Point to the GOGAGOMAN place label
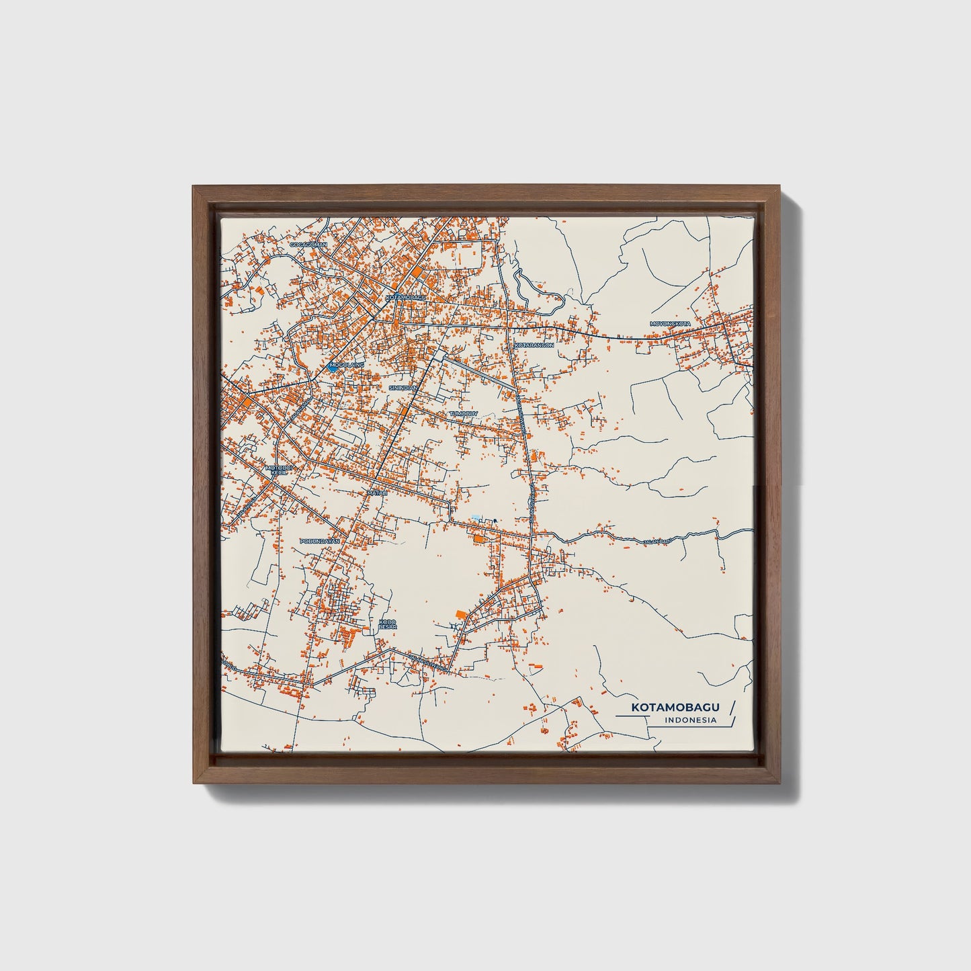[x=308, y=245]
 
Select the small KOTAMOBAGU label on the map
[x=406, y=296]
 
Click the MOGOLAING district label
[x=347, y=364]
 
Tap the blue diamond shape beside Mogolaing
[x=333, y=368]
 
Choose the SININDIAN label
[x=404, y=388]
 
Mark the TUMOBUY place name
[x=462, y=414]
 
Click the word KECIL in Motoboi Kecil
[x=279, y=473]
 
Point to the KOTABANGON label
[x=534, y=344]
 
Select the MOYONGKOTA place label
[x=670, y=324]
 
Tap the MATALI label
[x=377, y=493]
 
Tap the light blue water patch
[x=476, y=517]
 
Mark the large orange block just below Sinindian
[x=405, y=409]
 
